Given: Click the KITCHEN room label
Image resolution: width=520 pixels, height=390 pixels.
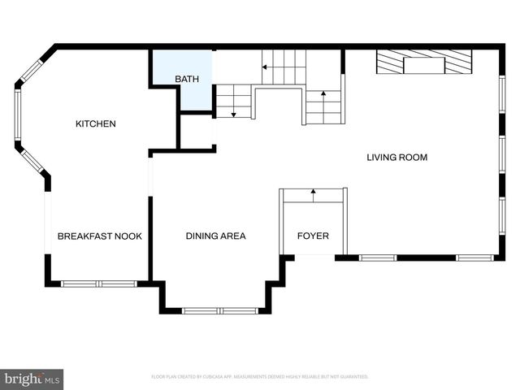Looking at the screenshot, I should [96, 124].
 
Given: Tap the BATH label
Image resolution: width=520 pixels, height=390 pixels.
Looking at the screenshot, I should [186, 79].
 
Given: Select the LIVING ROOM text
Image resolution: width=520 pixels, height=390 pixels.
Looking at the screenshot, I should [396, 158].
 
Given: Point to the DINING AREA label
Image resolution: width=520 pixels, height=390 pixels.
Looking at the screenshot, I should [215, 236].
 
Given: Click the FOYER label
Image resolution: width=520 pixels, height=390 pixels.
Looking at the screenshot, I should [313, 236].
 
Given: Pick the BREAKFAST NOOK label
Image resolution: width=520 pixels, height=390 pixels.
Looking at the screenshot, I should [99, 236].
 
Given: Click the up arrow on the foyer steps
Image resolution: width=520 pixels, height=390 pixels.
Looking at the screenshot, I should [314, 193].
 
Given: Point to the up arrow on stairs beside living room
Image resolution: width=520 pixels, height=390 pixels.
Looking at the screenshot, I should [323, 95].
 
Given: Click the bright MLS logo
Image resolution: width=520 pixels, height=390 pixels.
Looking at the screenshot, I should [32, 379].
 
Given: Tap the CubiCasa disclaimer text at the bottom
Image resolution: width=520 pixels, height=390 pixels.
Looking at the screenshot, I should [260, 377].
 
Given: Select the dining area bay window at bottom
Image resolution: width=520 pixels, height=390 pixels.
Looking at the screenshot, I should [219, 310].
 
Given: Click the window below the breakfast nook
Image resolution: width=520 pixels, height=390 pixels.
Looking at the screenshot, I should [98, 284].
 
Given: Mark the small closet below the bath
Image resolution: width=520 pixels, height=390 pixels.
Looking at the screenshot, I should [196, 132].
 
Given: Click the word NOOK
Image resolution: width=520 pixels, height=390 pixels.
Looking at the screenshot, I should [128, 236].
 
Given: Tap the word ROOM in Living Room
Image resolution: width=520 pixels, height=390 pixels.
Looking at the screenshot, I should [412, 158].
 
